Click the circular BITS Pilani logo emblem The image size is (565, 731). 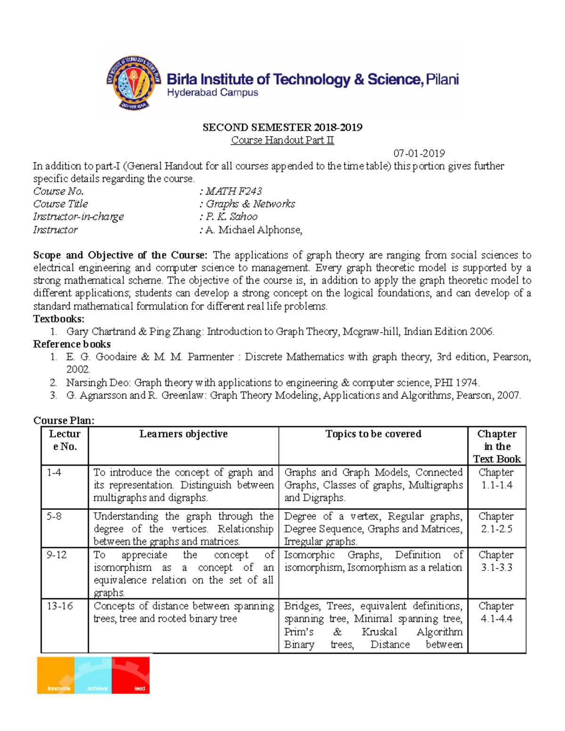pos(134,84)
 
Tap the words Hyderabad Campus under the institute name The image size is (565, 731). pos(212,93)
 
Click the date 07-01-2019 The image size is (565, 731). pos(419,153)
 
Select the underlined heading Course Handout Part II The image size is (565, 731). pos(282,140)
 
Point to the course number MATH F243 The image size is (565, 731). pos(234,191)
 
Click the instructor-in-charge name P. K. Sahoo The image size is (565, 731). pos(231,217)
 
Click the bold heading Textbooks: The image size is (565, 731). pos(58,319)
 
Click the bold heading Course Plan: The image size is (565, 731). pos(64,420)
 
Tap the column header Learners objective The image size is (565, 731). pos(183,434)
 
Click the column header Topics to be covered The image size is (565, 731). pos(373,434)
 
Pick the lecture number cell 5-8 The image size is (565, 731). pos(54,516)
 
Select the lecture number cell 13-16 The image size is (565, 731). pos(59,606)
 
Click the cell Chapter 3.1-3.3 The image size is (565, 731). pos(496,561)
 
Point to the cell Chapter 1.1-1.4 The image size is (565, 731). pos(496,479)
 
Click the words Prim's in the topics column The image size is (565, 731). pos(299,632)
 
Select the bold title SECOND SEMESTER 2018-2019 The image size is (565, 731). pos(282,128)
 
